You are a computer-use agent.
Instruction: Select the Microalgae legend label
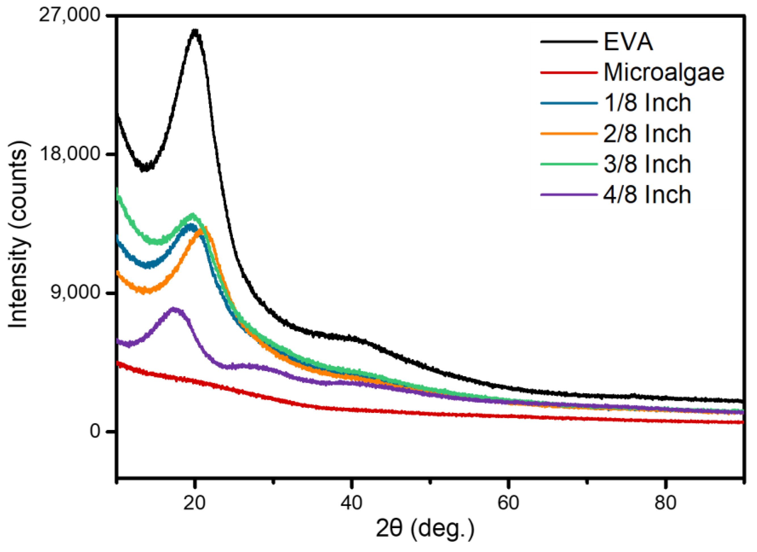(664, 72)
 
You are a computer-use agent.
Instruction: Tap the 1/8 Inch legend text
(647, 103)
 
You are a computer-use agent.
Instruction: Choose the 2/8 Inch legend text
(647, 134)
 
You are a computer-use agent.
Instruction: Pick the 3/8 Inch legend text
(647, 164)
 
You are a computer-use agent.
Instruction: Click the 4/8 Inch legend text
(647, 195)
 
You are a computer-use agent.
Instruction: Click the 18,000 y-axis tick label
(70, 154)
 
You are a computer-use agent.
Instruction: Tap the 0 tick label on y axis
(95, 431)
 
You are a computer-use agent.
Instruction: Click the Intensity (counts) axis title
(18, 234)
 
